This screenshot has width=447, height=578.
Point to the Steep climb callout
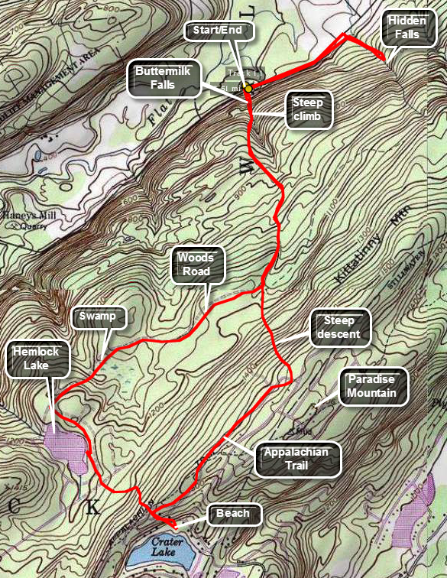point(308,110)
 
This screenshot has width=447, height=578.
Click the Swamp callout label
point(99,316)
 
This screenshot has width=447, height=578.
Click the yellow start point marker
point(248,89)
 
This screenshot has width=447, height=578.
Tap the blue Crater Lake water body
point(168,554)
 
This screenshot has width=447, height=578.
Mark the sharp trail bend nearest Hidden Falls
point(344,34)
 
